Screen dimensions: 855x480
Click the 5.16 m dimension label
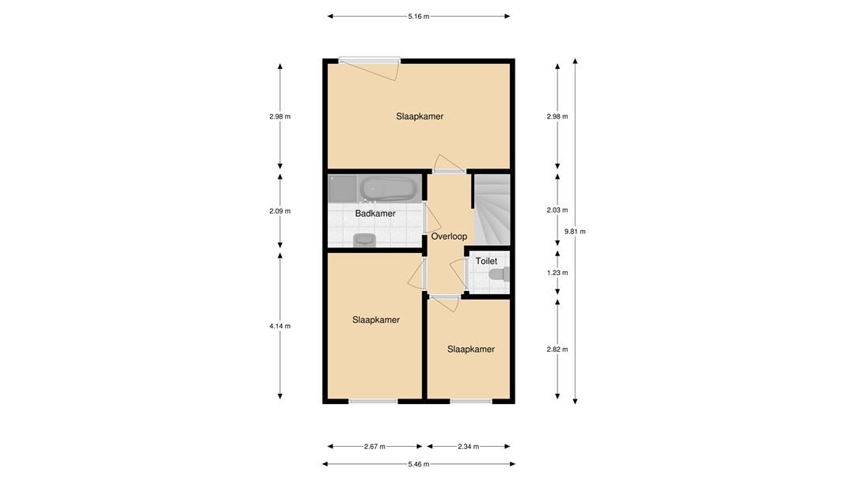point(418,17)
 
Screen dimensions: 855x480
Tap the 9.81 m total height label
point(575,231)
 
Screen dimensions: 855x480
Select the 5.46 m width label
point(418,464)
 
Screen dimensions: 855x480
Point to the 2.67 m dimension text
point(374,446)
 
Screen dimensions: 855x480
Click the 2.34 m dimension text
point(469,446)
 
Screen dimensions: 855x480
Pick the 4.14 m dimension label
point(279,326)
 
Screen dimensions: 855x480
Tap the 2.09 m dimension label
point(279,211)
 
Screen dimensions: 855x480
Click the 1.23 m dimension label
point(557,272)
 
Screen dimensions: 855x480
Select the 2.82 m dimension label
point(557,350)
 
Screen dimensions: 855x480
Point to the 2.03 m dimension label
point(557,210)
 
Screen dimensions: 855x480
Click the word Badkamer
point(375,214)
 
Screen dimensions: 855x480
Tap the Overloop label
point(450,236)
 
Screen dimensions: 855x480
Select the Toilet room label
point(486,261)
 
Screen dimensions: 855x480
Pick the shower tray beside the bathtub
point(343,188)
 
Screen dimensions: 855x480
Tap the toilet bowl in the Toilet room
point(500,274)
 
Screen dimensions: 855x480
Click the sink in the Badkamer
point(364,240)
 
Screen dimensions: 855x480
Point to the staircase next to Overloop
point(492,210)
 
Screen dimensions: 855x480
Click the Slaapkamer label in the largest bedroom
point(420,116)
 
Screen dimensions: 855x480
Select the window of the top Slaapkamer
point(370,60)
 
